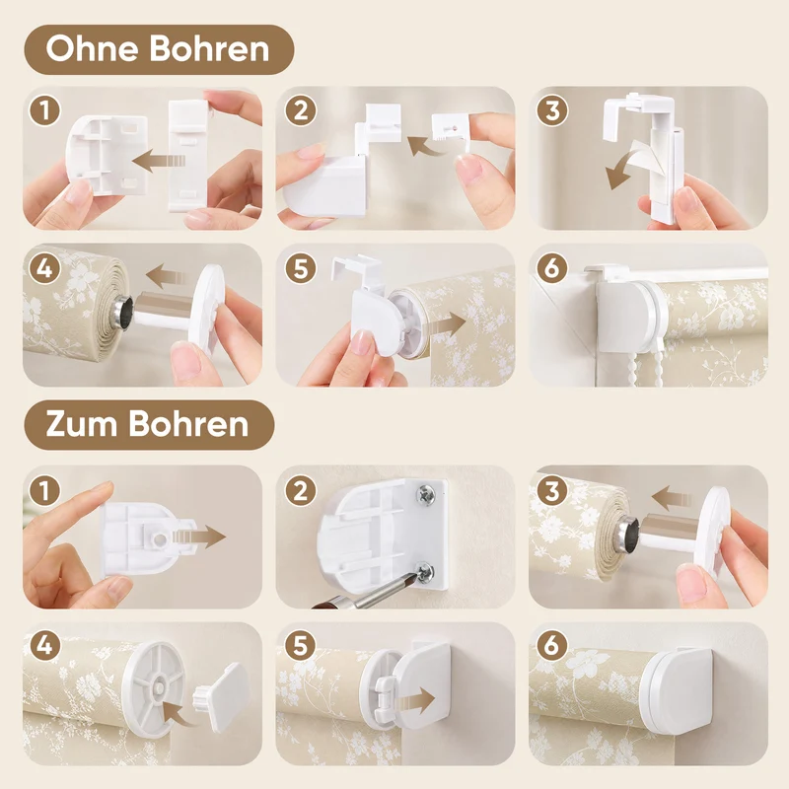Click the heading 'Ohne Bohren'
(158, 48)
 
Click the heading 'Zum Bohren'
(147, 424)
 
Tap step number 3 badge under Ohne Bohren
(552, 111)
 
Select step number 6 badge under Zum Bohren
(552, 645)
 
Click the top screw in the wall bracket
(426, 496)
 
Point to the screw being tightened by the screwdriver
(425, 572)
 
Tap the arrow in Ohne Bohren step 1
(159, 161)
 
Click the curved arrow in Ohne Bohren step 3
(624, 168)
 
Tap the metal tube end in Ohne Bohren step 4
(124, 308)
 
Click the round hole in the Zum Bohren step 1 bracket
(160, 539)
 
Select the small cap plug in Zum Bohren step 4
(221, 695)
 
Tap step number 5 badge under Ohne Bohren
(301, 268)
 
